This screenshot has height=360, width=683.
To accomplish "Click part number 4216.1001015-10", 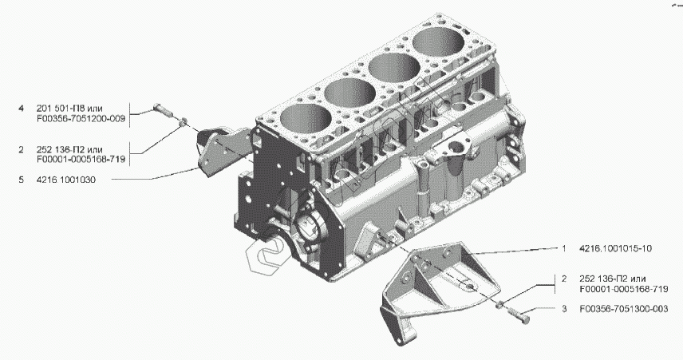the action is (x=615, y=248).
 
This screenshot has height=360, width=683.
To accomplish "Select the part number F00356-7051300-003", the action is (x=624, y=309).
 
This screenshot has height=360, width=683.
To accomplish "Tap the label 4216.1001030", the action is (x=66, y=180).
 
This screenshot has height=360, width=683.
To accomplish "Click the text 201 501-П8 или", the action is (x=69, y=109).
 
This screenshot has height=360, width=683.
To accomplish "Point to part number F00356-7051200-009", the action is (x=81, y=118).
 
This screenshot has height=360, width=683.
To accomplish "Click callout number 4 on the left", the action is (x=21, y=109).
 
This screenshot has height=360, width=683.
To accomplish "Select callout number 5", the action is (x=21, y=180).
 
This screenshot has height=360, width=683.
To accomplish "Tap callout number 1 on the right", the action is (x=564, y=248).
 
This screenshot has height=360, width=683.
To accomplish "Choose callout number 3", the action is (x=564, y=309).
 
